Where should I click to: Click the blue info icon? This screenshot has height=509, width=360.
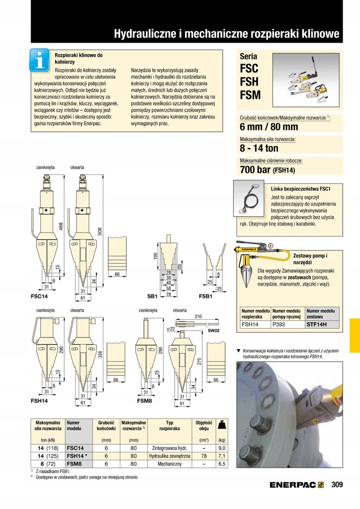pos(39,61)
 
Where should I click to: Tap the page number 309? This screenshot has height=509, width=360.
pos(337,485)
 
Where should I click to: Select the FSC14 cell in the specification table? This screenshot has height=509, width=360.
pos(75,447)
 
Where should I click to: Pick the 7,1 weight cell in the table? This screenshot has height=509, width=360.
pos(222,455)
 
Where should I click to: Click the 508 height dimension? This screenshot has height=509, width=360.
pos(99,231)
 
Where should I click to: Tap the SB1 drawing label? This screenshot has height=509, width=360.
pos(152,296)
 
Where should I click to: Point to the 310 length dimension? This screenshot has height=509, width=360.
pos(198,316)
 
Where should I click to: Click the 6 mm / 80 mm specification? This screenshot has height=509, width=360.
pos(269,127)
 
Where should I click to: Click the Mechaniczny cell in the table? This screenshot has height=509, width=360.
pos(166,464)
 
